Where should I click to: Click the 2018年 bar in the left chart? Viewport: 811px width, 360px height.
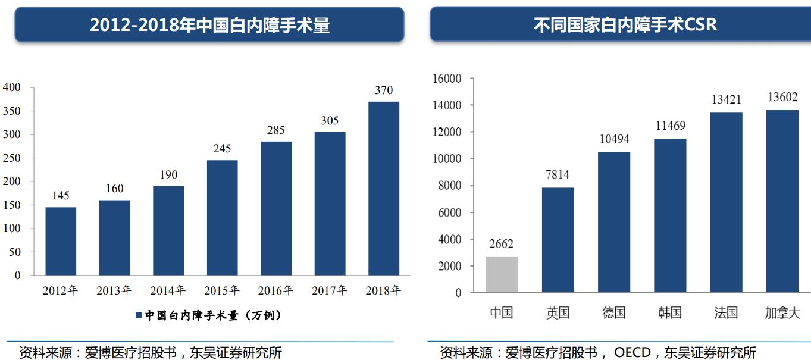point(383,188)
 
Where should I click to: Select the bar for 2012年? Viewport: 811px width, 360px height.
point(61,241)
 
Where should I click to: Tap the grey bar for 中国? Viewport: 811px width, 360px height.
point(502,274)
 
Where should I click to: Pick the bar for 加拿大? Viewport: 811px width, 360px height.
point(782,201)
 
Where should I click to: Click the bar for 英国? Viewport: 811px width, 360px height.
point(558,240)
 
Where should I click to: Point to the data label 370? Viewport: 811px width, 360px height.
point(384,90)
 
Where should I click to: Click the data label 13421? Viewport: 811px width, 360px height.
point(726,99)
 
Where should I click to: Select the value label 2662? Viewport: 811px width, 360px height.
point(501,244)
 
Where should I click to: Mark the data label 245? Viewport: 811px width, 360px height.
point(222,148)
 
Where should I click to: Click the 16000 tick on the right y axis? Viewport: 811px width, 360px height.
point(447,79)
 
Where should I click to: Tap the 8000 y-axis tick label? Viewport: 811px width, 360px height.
point(450,186)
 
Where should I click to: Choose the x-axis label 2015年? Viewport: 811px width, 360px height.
point(221,291)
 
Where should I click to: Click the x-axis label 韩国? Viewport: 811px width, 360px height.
point(670,313)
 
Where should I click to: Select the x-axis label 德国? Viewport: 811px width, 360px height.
point(614,313)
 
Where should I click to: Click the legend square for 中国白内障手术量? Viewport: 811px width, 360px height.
point(139,315)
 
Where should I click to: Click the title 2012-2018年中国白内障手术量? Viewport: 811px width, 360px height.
point(209,25)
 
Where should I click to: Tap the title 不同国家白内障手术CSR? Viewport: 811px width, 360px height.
point(624,25)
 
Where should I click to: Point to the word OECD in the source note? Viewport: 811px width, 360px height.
point(632,352)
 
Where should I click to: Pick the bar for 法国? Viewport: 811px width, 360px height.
point(726,202)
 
